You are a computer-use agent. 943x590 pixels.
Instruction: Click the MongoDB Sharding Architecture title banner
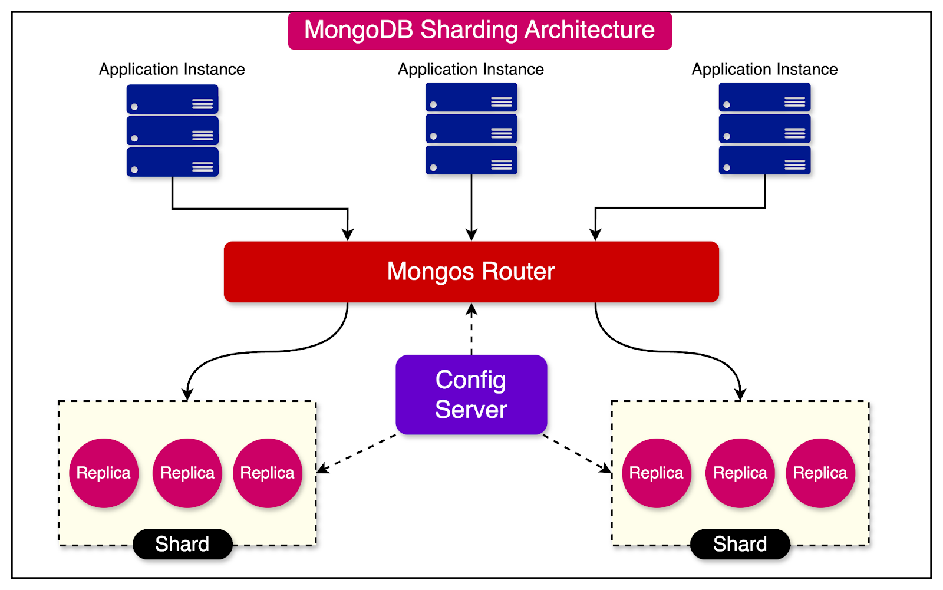(479, 31)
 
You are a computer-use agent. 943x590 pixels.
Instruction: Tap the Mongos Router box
(471, 272)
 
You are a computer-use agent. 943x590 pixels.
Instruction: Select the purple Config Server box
(471, 395)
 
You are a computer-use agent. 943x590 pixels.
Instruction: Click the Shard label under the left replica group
(182, 544)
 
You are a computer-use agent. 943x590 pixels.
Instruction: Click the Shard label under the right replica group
(740, 544)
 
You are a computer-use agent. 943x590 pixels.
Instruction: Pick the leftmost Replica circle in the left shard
(104, 473)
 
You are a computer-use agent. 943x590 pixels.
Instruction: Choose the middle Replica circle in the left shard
(187, 473)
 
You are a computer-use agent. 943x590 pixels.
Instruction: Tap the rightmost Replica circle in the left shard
(268, 473)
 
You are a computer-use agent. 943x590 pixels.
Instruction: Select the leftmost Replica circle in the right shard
(657, 473)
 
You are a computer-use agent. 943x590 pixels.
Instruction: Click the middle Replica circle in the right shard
(740, 473)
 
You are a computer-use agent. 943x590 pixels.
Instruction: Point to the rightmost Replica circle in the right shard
(820, 473)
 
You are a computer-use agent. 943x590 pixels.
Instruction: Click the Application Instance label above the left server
(172, 70)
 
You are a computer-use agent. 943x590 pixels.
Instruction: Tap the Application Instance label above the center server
(471, 70)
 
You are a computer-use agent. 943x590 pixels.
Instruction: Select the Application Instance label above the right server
(764, 70)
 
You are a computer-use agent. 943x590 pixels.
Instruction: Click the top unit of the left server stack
(172, 99)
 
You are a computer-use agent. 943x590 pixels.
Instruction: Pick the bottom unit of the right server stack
(764, 160)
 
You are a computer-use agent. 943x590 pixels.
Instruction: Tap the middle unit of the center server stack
(471, 128)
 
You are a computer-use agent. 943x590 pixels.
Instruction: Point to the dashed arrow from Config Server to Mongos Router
(471, 330)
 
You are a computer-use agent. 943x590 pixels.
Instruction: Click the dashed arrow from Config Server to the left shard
(357, 453)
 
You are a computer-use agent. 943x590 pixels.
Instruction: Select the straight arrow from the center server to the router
(471, 206)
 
